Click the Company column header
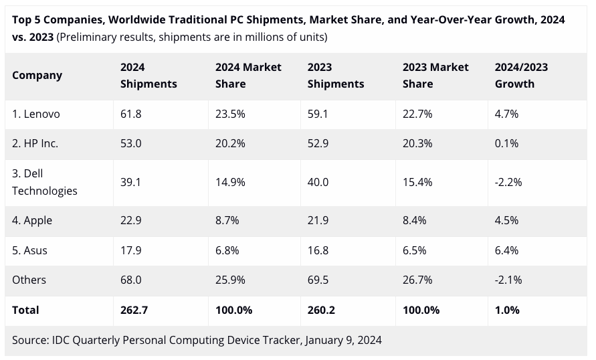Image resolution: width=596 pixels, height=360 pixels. [37, 76]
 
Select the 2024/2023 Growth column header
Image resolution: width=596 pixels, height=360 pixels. [521, 76]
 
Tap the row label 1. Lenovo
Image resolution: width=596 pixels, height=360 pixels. [36, 114]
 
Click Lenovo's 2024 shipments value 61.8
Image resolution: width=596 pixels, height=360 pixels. [131, 114]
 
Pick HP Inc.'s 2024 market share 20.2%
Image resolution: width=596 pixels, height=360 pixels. [230, 144]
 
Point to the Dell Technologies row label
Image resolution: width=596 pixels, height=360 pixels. [44, 182]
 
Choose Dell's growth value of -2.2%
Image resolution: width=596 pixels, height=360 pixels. [508, 182]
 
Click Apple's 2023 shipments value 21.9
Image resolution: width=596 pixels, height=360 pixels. [318, 221]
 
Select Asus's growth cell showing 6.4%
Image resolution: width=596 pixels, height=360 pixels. [507, 250]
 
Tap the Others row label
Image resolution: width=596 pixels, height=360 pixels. [29, 280]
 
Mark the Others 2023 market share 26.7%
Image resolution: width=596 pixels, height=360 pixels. [417, 280]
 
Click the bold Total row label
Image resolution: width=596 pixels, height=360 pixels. [25, 310]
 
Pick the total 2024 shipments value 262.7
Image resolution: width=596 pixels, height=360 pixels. [134, 310]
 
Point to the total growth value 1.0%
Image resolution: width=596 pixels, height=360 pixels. [507, 310]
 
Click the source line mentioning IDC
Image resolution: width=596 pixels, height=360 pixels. [197, 340]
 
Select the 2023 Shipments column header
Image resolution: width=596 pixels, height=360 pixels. [336, 76]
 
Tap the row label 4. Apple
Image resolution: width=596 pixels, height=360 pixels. [32, 221]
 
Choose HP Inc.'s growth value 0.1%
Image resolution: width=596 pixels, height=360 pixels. [507, 144]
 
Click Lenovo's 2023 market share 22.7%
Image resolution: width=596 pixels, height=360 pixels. [417, 114]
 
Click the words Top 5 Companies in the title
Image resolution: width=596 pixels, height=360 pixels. [58, 20]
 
